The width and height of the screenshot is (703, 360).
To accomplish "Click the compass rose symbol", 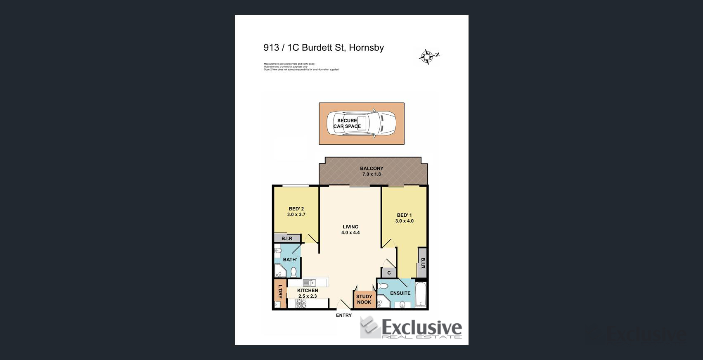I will click(x=428, y=57).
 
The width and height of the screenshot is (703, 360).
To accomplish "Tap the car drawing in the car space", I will click(x=361, y=123).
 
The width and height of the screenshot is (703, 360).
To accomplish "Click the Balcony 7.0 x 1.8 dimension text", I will click(x=372, y=174).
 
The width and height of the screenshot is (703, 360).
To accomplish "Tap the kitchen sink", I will click(x=309, y=283).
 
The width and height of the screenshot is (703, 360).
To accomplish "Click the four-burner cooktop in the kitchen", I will click(x=301, y=303).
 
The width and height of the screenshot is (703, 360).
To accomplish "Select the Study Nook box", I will click(x=364, y=299).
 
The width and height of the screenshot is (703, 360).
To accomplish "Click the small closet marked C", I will click(x=389, y=273).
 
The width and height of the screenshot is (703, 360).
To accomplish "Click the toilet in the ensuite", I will click(x=382, y=286).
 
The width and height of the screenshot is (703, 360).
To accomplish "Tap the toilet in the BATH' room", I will click(x=294, y=272).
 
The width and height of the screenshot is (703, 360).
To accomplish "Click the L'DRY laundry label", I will click(x=280, y=291).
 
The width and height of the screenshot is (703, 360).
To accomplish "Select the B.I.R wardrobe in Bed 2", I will click(x=287, y=239).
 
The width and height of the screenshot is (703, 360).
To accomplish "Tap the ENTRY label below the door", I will click(x=343, y=315).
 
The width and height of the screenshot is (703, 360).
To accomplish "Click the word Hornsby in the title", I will click(x=366, y=47).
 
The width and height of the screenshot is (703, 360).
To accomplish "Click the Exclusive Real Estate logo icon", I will click(x=369, y=327).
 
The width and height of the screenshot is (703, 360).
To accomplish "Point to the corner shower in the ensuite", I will click(x=383, y=303).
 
